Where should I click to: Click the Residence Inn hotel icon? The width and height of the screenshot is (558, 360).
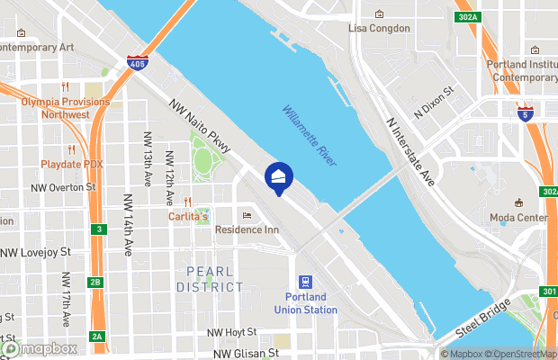[247, 215]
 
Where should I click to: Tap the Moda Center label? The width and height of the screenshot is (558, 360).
[519, 218]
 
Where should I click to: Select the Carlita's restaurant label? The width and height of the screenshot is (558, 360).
[189, 217]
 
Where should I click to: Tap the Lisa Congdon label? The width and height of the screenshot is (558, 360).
[379, 28]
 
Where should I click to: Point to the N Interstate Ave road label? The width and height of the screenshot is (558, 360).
[409, 152]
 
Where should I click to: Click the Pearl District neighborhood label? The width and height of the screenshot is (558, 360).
[215, 279]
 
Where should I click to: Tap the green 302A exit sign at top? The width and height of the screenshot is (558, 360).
[466, 17]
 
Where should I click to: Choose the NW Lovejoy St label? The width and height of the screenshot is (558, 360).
[35, 252]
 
